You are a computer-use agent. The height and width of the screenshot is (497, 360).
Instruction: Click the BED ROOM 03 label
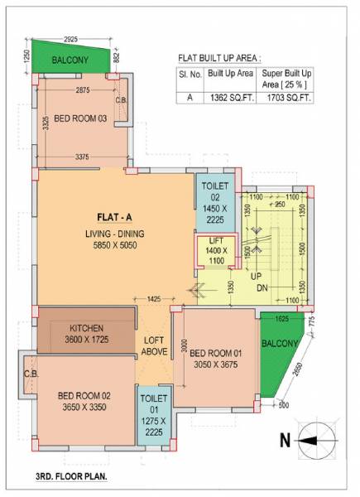tap(81, 119)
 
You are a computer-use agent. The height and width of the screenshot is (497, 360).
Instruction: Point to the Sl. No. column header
tap(190, 75)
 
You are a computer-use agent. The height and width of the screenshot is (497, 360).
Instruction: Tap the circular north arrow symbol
tap(318, 441)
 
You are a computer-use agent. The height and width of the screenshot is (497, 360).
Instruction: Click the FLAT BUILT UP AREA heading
tap(219, 58)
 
